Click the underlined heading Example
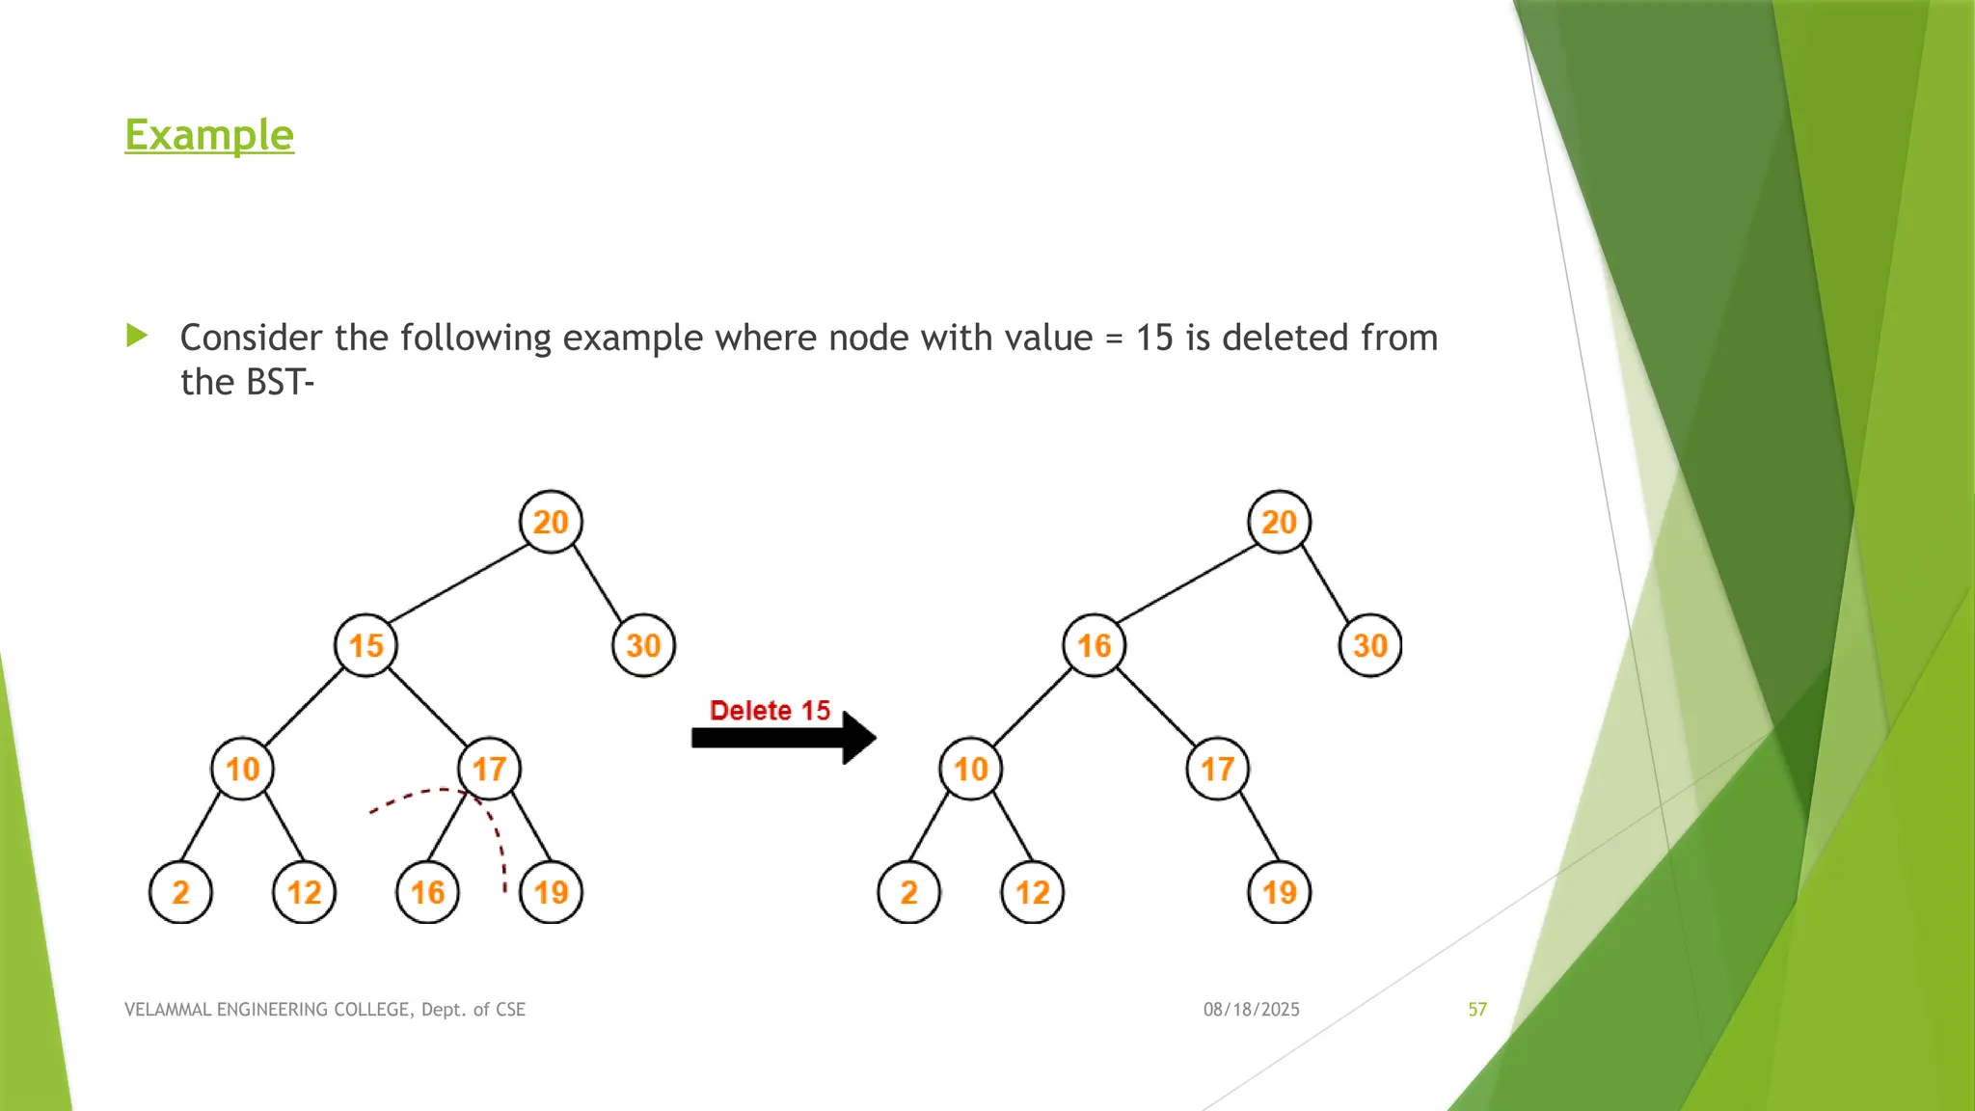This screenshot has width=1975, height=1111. (209, 135)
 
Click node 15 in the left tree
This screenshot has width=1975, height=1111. (365, 645)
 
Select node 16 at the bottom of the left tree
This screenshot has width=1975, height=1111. (427, 892)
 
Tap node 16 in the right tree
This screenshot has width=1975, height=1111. (1094, 645)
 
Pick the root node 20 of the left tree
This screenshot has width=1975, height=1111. (551, 522)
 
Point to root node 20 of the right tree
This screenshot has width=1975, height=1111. (1279, 522)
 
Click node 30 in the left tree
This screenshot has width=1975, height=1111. (643, 645)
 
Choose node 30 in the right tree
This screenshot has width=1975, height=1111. (1370, 645)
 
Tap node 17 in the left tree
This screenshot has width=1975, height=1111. (489, 769)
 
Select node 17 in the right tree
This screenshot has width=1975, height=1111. (1217, 769)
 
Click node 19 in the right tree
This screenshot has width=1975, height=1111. (1279, 892)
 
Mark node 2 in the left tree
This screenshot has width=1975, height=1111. (180, 892)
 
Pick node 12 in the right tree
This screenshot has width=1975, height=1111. (1032, 892)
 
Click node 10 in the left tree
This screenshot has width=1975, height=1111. (242, 769)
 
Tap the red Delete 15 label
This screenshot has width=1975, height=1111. (770, 711)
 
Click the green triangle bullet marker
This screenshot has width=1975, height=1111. (137, 336)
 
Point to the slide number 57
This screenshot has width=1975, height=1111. (1477, 1010)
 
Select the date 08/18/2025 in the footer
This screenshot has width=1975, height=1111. (1251, 1010)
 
